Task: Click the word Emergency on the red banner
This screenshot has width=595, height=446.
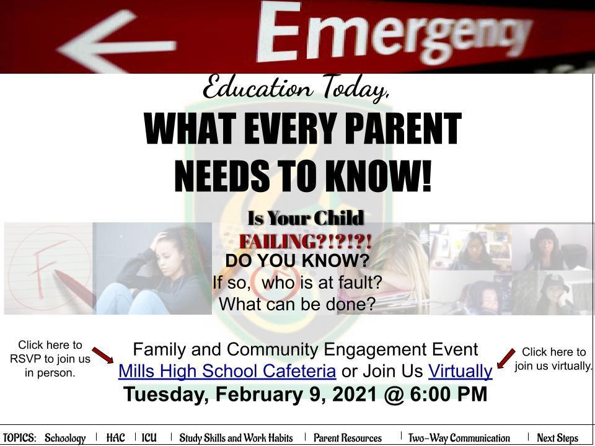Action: (395, 34)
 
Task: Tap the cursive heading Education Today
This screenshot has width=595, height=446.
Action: (296, 88)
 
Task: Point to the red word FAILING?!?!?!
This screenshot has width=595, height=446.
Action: (305, 242)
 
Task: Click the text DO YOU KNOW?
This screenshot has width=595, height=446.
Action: (297, 261)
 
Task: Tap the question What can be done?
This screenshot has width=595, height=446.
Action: (297, 304)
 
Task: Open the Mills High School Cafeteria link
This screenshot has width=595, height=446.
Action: (227, 371)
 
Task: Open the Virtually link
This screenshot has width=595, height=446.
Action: (461, 371)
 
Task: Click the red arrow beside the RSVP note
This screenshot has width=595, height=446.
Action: (103, 355)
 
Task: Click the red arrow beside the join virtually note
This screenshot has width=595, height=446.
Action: (506, 359)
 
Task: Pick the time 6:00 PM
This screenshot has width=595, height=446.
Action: (449, 394)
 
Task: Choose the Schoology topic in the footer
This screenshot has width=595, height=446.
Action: (65, 438)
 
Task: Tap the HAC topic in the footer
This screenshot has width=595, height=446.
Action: (115, 438)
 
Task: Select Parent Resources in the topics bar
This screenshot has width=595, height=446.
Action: (348, 438)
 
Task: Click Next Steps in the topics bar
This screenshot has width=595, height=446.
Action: (557, 438)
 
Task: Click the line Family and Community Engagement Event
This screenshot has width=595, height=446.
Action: (306, 349)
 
